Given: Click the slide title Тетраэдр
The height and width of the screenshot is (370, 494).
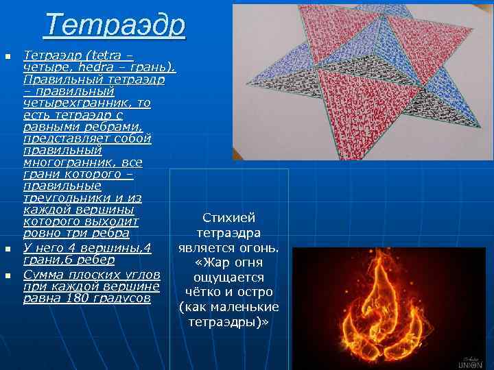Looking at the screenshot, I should pos(115,25).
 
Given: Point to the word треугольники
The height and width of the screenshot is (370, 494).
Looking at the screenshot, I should pos(63,197).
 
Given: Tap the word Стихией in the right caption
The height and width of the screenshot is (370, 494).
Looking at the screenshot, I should pos(229,217).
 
